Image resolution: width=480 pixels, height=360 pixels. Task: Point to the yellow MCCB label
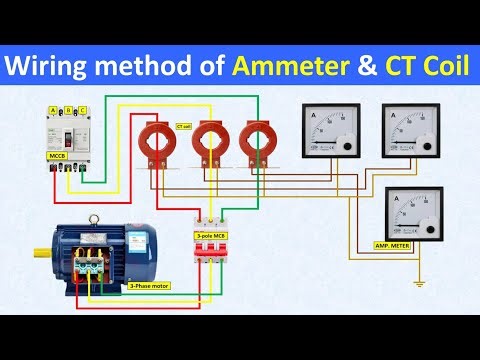click(x=56, y=157)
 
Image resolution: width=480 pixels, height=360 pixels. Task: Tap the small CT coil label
click(x=183, y=127)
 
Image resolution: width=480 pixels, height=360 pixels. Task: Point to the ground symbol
click(x=420, y=283)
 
